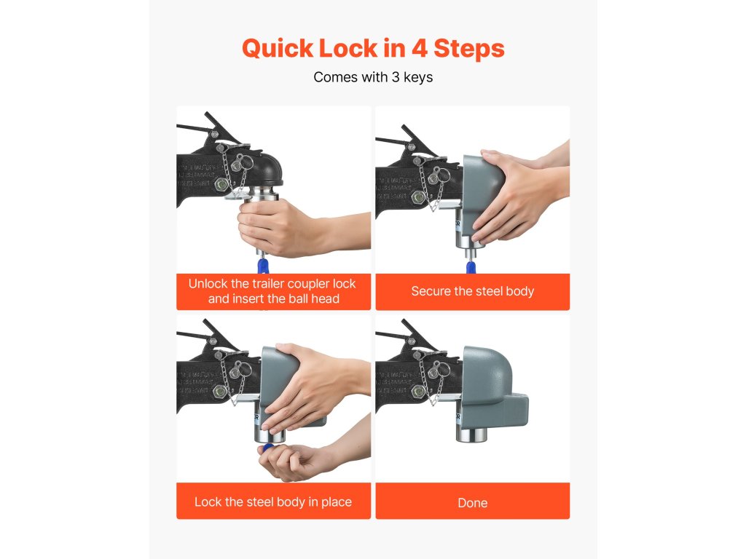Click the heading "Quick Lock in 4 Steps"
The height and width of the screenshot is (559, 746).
pos(373,49)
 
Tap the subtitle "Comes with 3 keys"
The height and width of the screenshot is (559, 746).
pos(373,77)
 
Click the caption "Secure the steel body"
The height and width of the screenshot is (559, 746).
pos(472,291)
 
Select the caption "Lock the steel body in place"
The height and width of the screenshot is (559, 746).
pos(273,502)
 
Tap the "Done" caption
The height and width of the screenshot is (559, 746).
pos(472,502)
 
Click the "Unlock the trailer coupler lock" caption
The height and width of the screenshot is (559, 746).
pos(272,284)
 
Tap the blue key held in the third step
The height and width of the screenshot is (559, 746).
pos(268,448)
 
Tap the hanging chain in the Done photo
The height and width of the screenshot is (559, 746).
pos(428,380)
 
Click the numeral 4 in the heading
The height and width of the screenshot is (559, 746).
pos(419,49)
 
